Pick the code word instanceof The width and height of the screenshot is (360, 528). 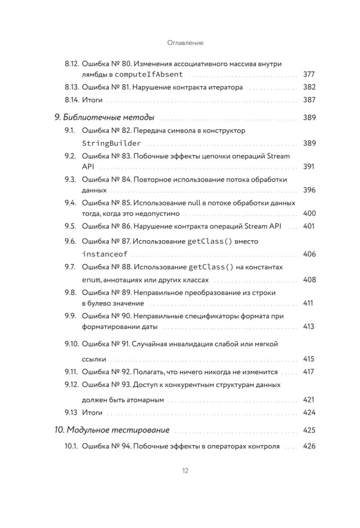point(105,254)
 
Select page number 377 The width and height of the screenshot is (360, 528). point(309,74)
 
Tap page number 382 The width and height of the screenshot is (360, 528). point(309,88)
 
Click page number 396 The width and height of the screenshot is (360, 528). point(309,190)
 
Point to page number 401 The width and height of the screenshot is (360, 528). point(309,227)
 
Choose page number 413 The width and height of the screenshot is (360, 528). point(309,327)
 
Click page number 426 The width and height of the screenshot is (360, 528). point(309,446)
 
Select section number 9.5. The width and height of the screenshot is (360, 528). point(71,227)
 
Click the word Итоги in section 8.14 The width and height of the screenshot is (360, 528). point(92,100)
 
